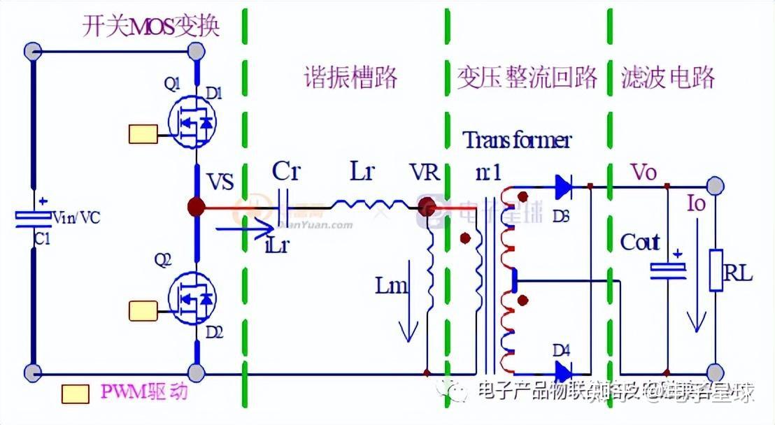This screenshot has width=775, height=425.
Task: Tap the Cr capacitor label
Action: [x=285, y=172]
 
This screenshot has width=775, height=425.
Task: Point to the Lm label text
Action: [x=389, y=285]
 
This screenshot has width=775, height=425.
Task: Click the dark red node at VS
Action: [x=197, y=206]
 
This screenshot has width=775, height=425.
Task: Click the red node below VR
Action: [x=426, y=207]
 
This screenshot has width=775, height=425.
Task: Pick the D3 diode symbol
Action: [x=562, y=186]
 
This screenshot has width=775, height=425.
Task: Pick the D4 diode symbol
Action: [x=562, y=370]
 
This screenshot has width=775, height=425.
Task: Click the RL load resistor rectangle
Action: [x=716, y=269]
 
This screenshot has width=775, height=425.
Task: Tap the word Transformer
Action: [x=517, y=141]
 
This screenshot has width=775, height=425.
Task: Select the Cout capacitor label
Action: [x=639, y=243]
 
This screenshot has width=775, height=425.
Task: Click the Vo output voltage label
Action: [x=644, y=171]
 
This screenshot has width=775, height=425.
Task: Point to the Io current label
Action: [x=696, y=203]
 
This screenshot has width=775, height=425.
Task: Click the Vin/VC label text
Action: [x=77, y=217]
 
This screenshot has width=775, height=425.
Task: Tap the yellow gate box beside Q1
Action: [x=143, y=134]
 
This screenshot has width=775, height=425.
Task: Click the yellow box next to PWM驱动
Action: [x=75, y=394]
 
